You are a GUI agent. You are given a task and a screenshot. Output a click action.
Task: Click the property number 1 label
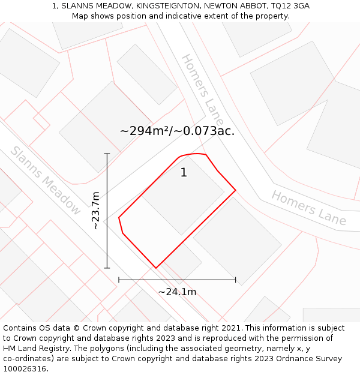coord(184,173)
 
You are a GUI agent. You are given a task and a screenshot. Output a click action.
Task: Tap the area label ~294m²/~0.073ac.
coord(177,131)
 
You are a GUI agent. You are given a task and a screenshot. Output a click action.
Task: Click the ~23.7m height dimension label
coord(96,211)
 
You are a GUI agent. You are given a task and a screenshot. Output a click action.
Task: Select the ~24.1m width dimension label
coord(177,292)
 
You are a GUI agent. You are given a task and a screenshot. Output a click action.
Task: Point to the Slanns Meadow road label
coord(46,181)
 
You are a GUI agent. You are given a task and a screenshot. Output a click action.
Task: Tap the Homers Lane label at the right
coord(308,208)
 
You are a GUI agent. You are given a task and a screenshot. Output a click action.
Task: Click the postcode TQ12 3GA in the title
coord(290,6)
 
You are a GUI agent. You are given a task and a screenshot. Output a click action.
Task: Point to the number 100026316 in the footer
coord(25,369)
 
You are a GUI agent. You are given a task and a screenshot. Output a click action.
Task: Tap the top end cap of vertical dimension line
coord(107,154)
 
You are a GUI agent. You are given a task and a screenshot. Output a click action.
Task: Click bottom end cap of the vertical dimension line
coord(107,268)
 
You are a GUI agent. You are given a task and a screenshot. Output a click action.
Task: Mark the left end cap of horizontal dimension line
coord(119,280)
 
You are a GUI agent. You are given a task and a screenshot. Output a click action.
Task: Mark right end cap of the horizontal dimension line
coord(235,280)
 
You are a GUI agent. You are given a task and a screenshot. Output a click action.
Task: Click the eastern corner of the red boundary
coord(235,190)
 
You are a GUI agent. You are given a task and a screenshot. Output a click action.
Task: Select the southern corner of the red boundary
coord(156,268)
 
